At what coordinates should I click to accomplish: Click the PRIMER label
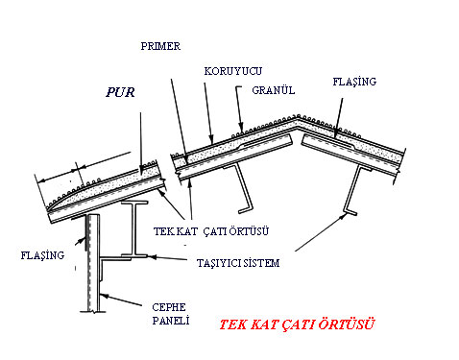[160, 46]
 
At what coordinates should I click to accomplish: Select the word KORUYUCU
[233, 71]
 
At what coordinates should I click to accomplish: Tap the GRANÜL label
[274, 90]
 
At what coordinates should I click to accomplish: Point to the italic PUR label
[120, 92]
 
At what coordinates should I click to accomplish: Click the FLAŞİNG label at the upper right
[354, 82]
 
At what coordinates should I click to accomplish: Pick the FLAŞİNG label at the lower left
[42, 255]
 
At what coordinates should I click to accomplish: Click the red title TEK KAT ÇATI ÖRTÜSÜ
[297, 324]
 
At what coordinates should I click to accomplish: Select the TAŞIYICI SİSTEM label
[238, 263]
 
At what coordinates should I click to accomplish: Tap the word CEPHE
[169, 307]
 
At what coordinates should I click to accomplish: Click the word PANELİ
[171, 321]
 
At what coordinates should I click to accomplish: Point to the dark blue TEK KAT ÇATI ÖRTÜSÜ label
[211, 231]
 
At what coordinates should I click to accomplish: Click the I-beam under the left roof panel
[134, 228]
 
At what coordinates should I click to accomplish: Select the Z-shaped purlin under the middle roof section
[243, 188]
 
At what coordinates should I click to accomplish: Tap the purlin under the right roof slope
[354, 190]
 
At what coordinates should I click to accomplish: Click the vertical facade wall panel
[93, 263]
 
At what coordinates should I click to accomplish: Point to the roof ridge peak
[298, 116]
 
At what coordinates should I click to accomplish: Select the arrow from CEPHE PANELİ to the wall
[120, 300]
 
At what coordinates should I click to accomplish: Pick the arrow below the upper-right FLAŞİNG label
[339, 118]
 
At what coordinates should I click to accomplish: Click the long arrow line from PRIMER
[179, 121]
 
